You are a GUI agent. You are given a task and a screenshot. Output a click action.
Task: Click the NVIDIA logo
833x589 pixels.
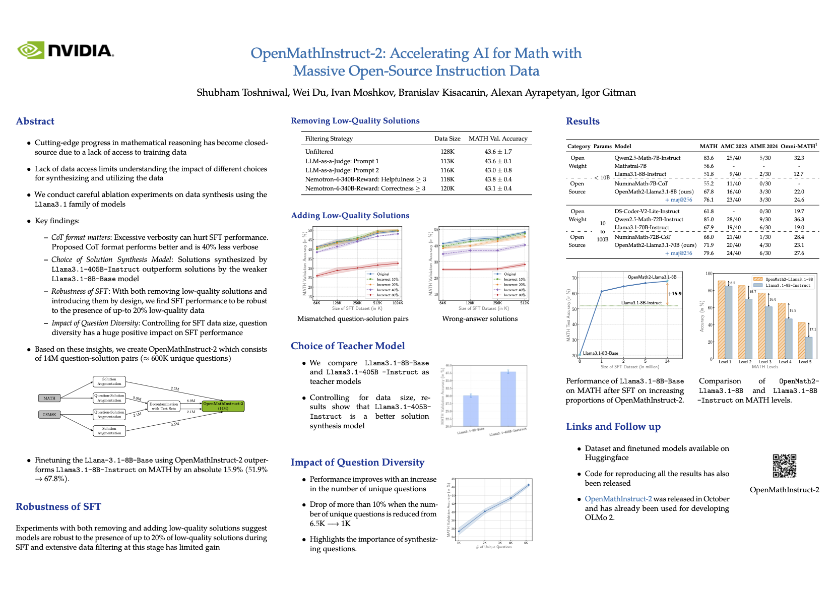pos(66,50)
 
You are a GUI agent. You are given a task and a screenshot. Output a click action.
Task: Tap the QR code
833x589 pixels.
pos(784,466)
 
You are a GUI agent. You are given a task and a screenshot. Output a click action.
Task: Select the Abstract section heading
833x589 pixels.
pos(35,121)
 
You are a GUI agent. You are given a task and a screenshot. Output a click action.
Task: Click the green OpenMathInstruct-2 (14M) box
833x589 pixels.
pos(223,406)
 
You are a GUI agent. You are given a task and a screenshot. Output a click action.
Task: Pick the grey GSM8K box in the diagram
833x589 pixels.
pos(49,415)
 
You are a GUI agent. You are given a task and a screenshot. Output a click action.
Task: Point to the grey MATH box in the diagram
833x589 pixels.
pos(49,398)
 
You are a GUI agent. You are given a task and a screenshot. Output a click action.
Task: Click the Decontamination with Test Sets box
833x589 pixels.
pos(164,406)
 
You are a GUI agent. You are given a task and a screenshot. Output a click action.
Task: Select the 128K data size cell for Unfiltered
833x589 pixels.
pos(447,151)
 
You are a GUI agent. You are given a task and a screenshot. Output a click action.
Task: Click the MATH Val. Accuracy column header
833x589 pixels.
pos(498,139)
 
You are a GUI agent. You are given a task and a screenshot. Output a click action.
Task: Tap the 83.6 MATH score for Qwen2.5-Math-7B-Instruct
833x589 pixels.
pos(709,158)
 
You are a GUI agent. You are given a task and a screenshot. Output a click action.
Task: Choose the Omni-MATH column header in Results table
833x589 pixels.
pos(799,146)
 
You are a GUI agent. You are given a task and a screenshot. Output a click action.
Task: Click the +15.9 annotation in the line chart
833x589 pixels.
pos(674,293)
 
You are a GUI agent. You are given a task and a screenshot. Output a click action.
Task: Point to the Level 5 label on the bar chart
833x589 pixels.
pos(805,362)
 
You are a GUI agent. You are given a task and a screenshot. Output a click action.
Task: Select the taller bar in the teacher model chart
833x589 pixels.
pos(508,399)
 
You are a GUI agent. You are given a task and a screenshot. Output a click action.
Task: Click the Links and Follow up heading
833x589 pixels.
pos(613,426)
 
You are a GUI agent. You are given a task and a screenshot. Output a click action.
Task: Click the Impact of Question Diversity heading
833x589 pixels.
pos(357,462)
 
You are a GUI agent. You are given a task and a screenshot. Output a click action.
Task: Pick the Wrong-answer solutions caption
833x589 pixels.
pos(480,318)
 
